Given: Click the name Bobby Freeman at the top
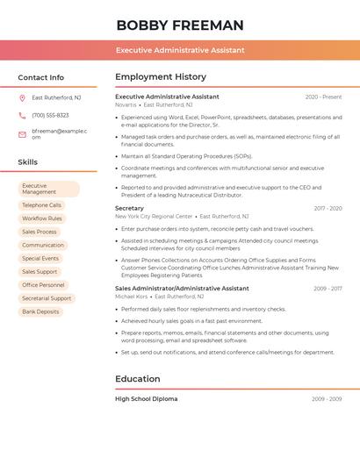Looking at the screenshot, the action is click(x=179, y=25).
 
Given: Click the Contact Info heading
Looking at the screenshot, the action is click(x=41, y=77).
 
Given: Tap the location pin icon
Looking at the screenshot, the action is click(x=22, y=98).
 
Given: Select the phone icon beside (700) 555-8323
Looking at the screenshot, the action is click(x=22, y=116).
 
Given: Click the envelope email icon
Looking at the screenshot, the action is click(x=22, y=134).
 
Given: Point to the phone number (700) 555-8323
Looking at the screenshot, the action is click(x=50, y=116).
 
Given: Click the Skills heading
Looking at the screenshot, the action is click(x=28, y=162).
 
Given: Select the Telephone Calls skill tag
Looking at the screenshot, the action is click(x=42, y=205).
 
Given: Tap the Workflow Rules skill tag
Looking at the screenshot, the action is click(x=42, y=218).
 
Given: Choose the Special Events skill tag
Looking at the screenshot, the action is click(x=40, y=259).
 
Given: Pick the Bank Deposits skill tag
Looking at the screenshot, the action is click(x=40, y=311).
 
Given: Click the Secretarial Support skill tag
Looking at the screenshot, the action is click(x=47, y=298).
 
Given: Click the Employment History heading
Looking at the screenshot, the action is click(x=161, y=77).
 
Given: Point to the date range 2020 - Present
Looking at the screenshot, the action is click(x=323, y=97).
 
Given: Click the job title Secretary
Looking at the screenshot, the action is click(x=129, y=209).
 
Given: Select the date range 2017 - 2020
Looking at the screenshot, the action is click(x=328, y=209).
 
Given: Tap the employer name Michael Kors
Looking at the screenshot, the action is click(x=132, y=297).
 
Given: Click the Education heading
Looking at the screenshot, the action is click(x=138, y=379).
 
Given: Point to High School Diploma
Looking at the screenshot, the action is click(x=147, y=399).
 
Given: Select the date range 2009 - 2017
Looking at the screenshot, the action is click(x=328, y=289).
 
